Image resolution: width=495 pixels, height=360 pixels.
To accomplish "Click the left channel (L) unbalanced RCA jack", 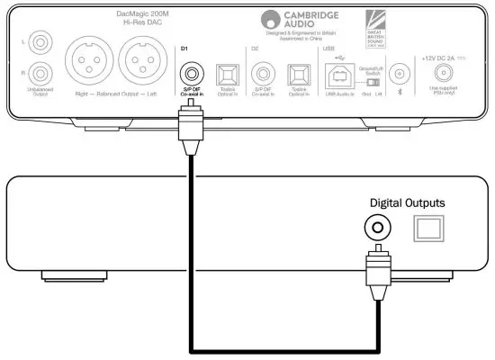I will pyautogui.click(x=40, y=40).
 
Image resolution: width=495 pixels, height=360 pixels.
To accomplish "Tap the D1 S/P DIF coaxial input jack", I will pyautogui.click(x=191, y=72).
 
